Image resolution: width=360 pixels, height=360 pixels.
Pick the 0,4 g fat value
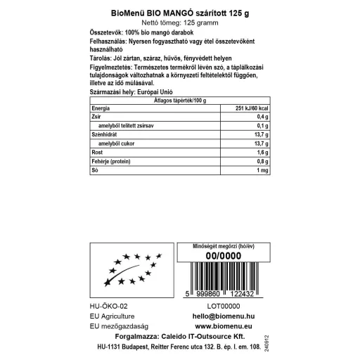point(263,116)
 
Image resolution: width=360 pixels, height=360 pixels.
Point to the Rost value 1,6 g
point(263,153)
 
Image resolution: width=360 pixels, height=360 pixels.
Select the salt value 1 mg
point(263,171)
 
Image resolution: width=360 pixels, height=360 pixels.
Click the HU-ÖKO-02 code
point(110,307)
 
